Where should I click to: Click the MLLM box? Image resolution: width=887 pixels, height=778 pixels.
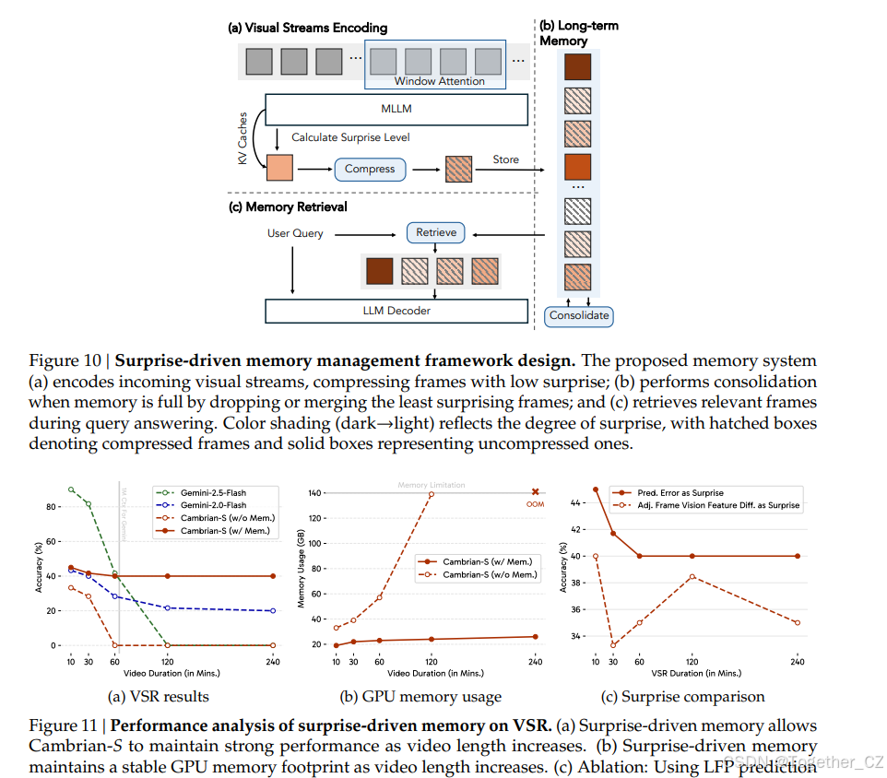tap(396, 109)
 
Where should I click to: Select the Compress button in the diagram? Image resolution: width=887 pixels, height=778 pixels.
tap(370, 169)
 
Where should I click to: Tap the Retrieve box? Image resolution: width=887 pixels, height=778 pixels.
tap(436, 232)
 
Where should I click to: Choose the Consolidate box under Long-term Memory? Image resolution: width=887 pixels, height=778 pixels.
tap(579, 315)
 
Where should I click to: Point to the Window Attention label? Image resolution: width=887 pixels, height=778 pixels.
tap(440, 81)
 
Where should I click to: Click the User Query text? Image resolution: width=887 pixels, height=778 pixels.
tap(295, 233)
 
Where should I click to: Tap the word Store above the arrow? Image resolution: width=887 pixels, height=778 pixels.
tap(505, 159)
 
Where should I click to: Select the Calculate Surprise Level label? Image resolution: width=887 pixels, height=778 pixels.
tap(350, 137)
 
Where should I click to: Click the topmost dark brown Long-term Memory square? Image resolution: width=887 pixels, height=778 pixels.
tap(578, 68)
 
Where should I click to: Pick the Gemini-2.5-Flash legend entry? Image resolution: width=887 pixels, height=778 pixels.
tap(212, 492)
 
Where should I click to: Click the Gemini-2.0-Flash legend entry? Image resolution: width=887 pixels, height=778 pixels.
tap(212, 505)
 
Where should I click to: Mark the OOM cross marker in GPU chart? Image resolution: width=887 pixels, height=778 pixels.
tap(535, 492)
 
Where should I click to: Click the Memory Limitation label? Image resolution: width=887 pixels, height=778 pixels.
tap(432, 485)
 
